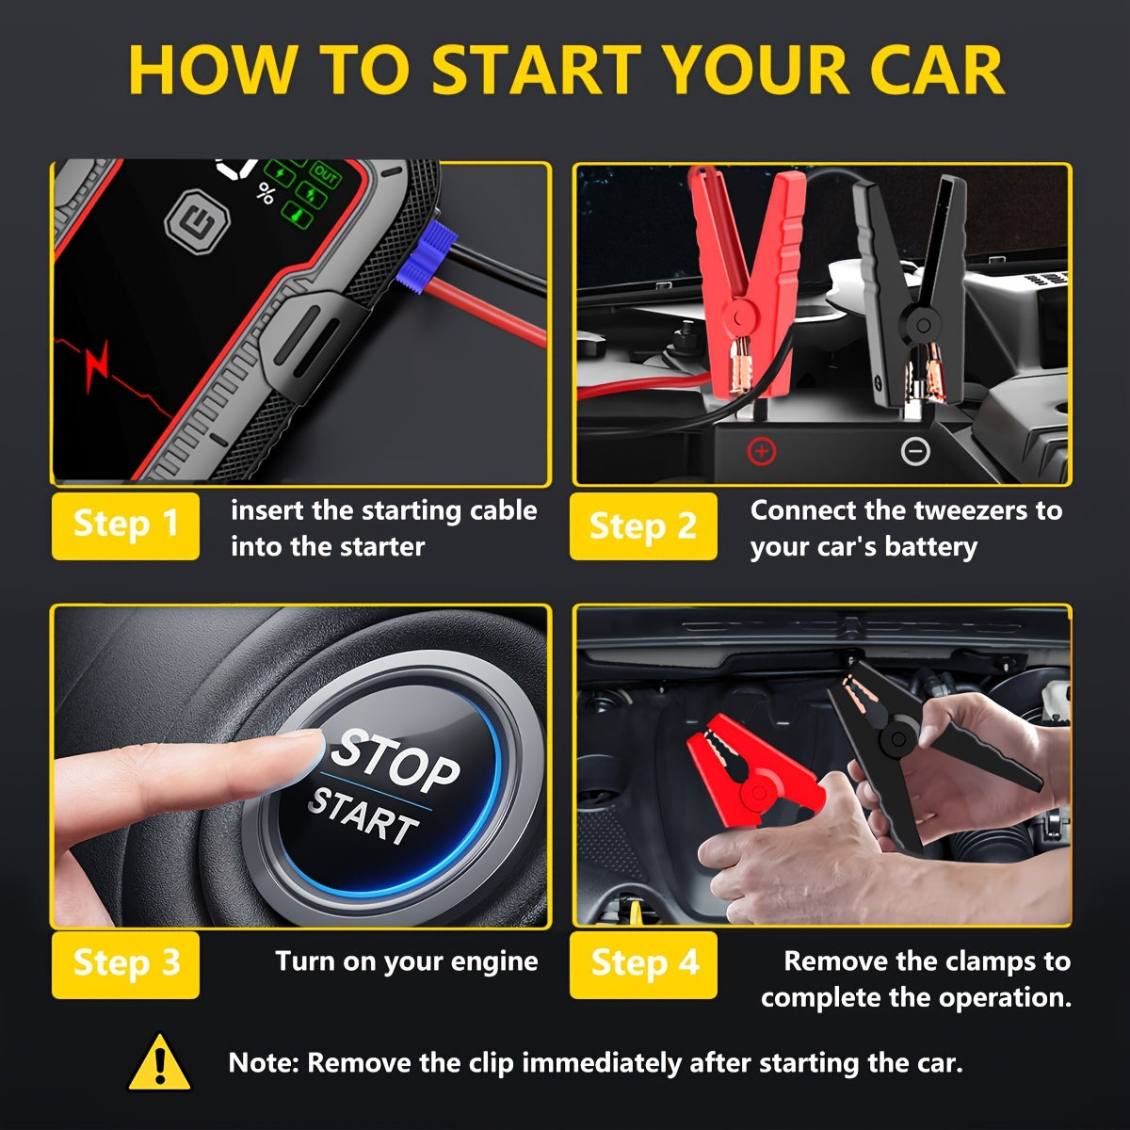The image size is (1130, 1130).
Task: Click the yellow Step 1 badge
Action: [125, 525]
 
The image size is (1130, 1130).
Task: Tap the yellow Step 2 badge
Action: [643, 525]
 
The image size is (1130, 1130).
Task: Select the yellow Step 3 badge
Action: [125, 964]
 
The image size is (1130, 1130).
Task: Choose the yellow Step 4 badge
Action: [643, 964]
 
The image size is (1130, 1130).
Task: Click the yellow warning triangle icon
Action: [160, 1063]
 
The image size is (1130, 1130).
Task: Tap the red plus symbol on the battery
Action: [761, 452]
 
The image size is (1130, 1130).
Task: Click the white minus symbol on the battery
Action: [915, 452]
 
